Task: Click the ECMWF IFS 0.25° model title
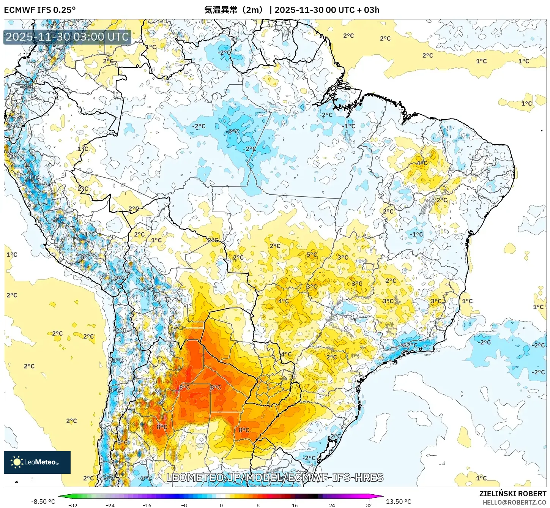pyautogui.click(x=39, y=10)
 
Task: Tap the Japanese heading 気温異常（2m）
pyautogui.click(x=234, y=10)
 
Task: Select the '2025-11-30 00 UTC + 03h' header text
pyautogui.click(x=327, y=10)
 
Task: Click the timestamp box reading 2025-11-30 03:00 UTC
pyautogui.click(x=68, y=37)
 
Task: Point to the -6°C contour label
pyautogui.click(x=27, y=87)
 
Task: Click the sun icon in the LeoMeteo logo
pyautogui.click(x=17, y=462)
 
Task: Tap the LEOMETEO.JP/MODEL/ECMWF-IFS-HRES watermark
pyautogui.click(x=275, y=477)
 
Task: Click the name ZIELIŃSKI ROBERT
pyautogui.click(x=512, y=494)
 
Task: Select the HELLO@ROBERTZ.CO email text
pyautogui.click(x=514, y=502)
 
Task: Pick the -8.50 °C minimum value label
pyautogui.click(x=43, y=502)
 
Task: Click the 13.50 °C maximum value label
pyautogui.click(x=399, y=502)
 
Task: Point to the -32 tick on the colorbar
pyautogui.click(x=73, y=505)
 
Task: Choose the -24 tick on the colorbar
pyautogui.click(x=110, y=505)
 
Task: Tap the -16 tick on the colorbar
pyautogui.click(x=147, y=505)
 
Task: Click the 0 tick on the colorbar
pyautogui.click(x=221, y=505)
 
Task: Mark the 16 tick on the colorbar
pyautogui.click(x=295, y=505)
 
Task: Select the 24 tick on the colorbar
pyautogui.click(x=332, y=505)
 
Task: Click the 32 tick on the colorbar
pyautogui.click(x=369, y=505)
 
